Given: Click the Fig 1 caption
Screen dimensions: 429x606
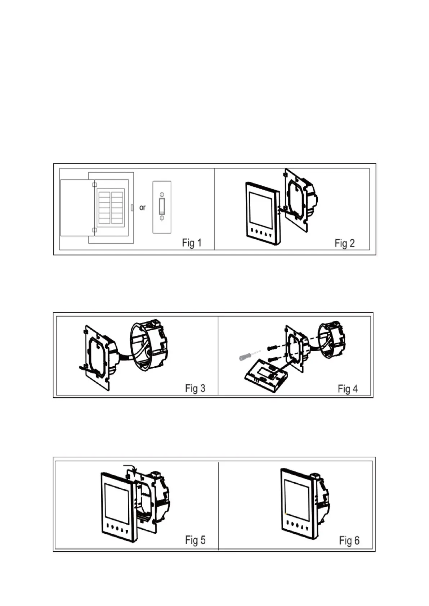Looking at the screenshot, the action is tap(192, 243).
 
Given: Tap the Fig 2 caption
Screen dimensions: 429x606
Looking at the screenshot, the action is tap(344, 243).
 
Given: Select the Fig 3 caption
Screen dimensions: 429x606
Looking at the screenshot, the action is tap(195, 388).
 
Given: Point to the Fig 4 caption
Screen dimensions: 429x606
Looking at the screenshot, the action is tap(348, 389).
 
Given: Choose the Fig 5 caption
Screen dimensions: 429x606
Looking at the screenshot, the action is tap(195, 540).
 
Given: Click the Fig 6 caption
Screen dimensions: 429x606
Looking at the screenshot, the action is tap(349, 541).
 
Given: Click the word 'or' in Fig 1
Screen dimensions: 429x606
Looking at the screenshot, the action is tap(143, 208).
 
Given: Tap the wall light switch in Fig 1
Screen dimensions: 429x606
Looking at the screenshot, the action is tap(162, 207).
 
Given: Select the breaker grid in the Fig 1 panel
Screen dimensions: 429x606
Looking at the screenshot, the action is tap(111, 208).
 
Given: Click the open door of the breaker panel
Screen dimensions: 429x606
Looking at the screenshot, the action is tap(75, 208).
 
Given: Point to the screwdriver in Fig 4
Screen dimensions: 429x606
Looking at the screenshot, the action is tap(249, 355).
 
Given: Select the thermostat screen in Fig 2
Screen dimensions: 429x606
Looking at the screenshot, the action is tap(262, 208).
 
